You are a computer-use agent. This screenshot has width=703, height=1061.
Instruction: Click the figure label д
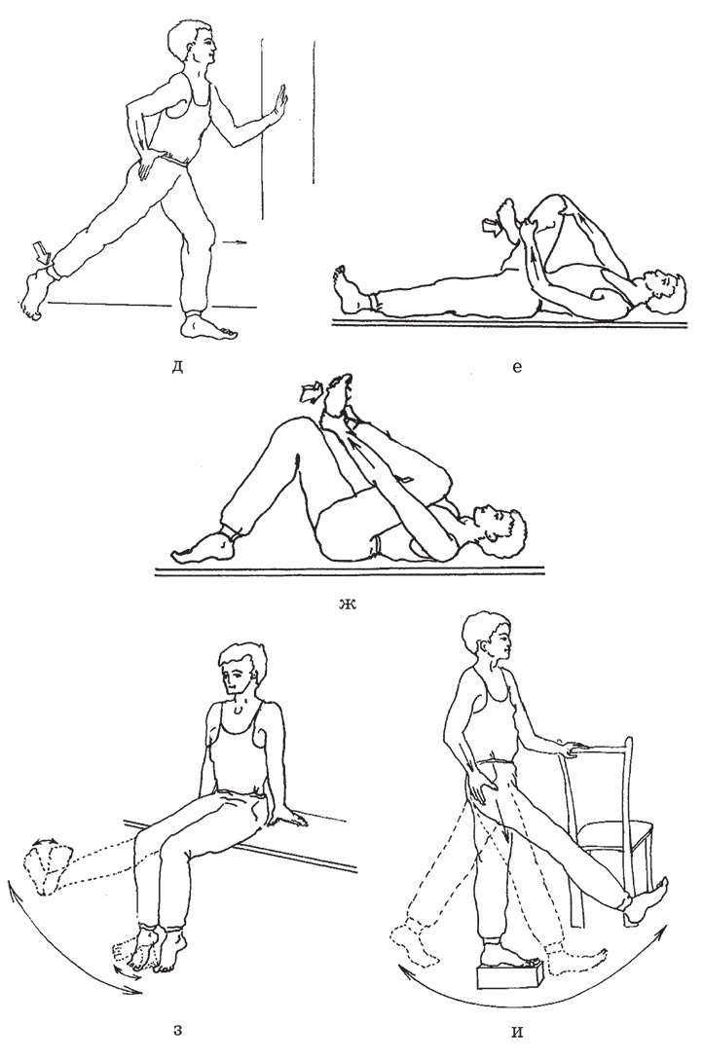[178, 368]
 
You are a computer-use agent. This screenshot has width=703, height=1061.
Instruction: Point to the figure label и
[518, 1033]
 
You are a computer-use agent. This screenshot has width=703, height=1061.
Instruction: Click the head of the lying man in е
[663, 290]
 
